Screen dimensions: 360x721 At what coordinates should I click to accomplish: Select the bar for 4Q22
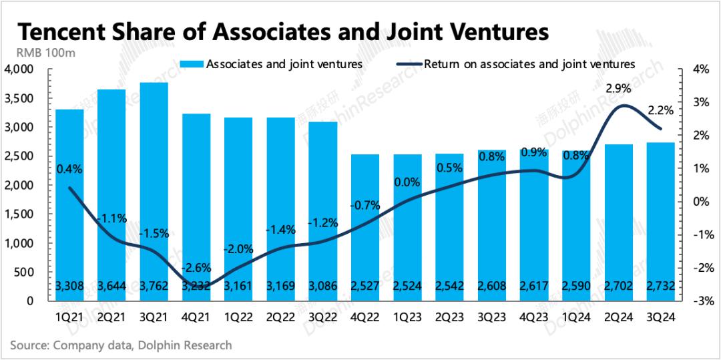click(365, 227)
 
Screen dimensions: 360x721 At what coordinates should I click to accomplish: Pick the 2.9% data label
click(618, 88)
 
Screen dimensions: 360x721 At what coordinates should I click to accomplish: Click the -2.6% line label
click(196, 268)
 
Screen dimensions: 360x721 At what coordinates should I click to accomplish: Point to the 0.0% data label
click(407, 182)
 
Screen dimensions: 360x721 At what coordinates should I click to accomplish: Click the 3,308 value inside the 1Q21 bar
click(69, 287)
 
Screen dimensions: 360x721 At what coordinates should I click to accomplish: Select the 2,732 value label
click(660, 287)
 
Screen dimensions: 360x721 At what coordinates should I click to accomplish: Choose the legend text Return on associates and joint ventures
click(529, 64)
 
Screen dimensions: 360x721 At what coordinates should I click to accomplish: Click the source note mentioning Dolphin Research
click(121, 345)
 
